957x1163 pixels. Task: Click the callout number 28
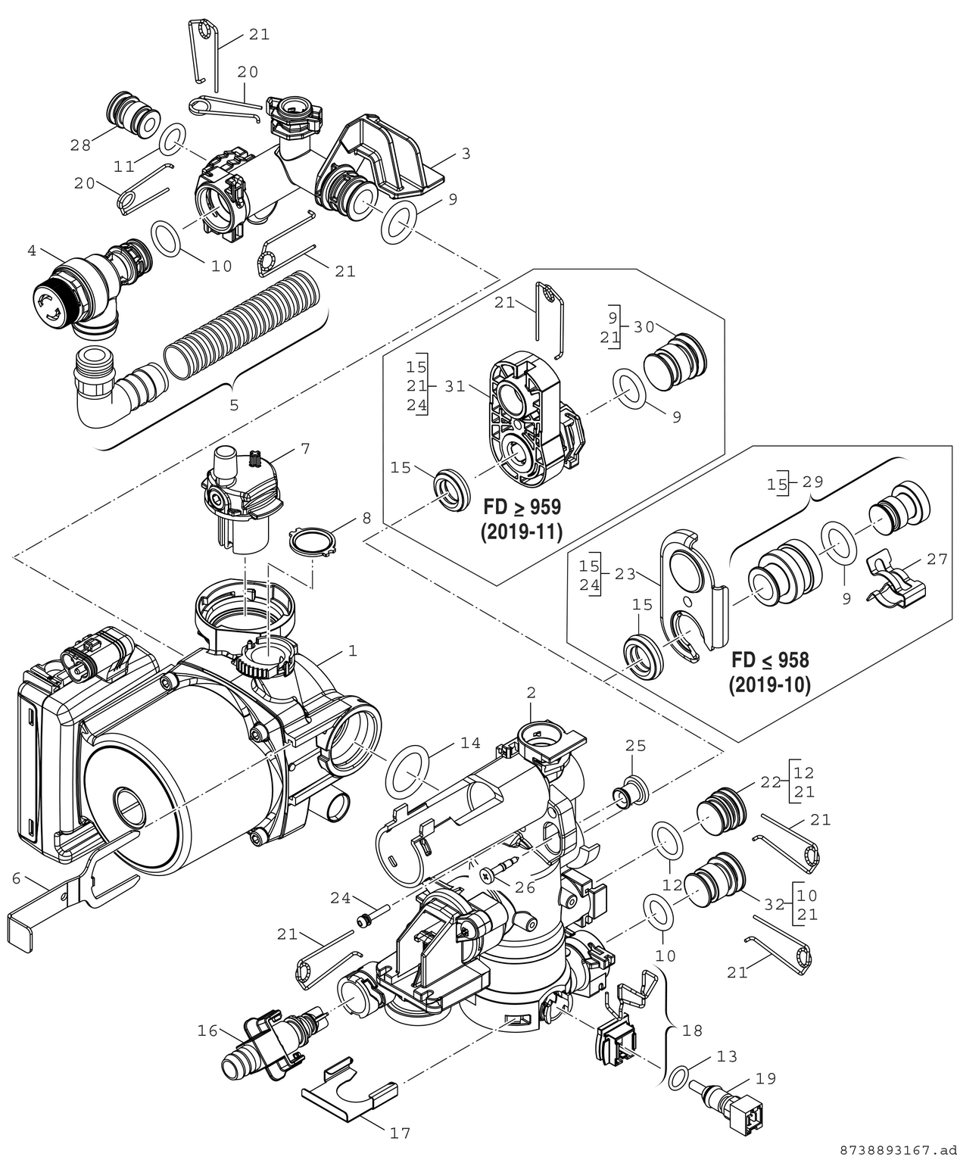point(81,145)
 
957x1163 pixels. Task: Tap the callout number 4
point(32,251)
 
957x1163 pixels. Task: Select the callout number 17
point(400,1133)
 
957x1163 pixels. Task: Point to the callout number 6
point(16,878)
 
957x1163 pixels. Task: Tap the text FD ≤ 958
point(770,660)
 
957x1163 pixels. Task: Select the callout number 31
point(454,385)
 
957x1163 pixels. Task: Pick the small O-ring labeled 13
point(678,1076)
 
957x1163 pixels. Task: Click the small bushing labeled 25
point(630,790)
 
